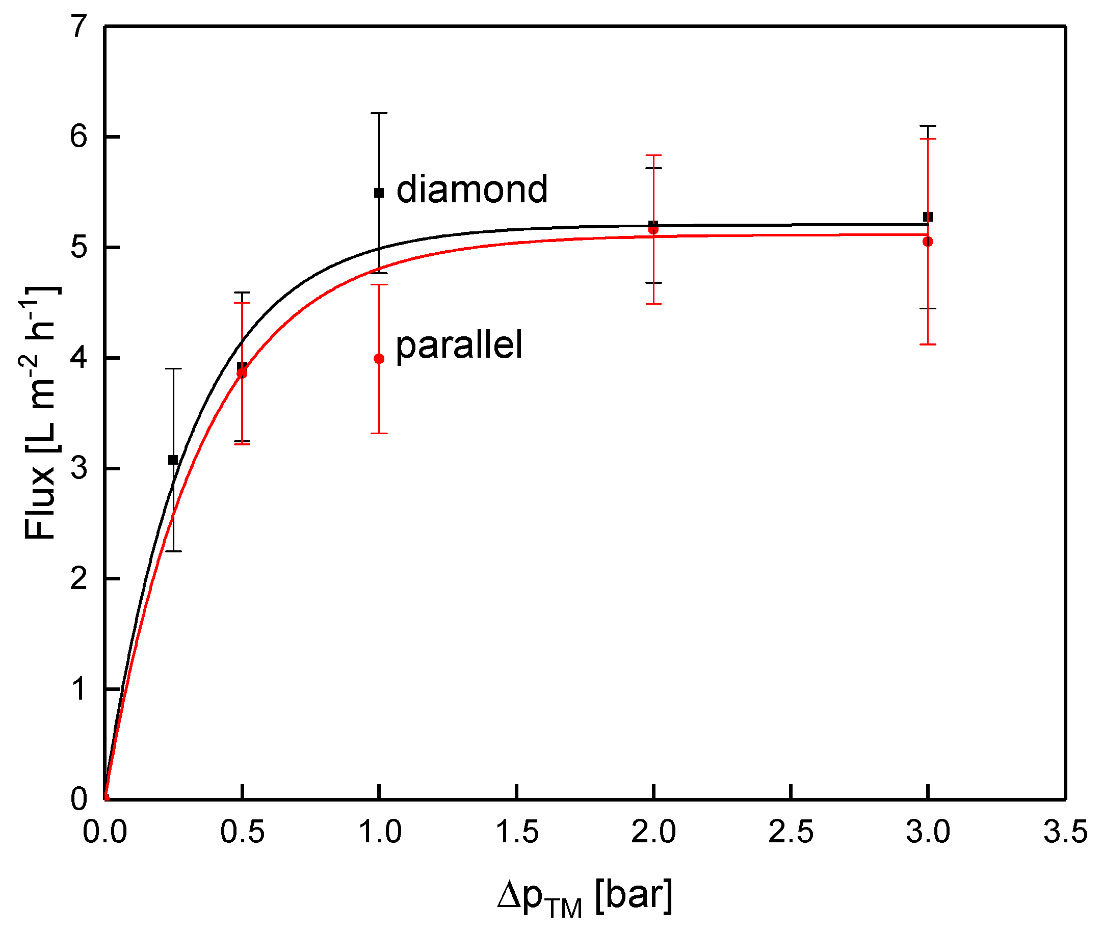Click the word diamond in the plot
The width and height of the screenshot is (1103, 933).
tap(471, 190)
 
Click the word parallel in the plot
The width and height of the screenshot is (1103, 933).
tap(459, 345)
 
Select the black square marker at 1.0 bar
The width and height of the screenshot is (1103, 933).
tap(379, 193)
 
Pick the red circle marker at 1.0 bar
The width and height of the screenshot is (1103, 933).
tap(379, 359)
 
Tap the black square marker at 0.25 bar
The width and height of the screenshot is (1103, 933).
tap(173, 460)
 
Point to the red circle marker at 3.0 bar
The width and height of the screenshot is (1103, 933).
tap(927, 242)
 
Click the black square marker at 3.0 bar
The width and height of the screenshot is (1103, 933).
tap(927, 217)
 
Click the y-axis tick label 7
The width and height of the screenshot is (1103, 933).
tap(79, 26)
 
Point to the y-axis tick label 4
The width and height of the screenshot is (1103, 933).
tap(79, 358)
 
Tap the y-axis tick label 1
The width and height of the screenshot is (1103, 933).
tap(79, 689)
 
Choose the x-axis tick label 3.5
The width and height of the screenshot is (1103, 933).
tap(1064, 832)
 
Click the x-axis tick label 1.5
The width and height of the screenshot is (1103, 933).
tap(516, 832)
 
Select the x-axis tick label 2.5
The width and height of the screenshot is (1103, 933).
tap(791, 832)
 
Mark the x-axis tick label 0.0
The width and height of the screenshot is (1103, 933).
tap(105, 832)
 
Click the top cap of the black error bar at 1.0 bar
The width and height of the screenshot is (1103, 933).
tap(379, 113)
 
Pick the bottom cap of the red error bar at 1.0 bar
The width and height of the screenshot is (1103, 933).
tap(379, 433)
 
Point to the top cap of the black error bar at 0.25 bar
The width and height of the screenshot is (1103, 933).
tap(173, 368)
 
